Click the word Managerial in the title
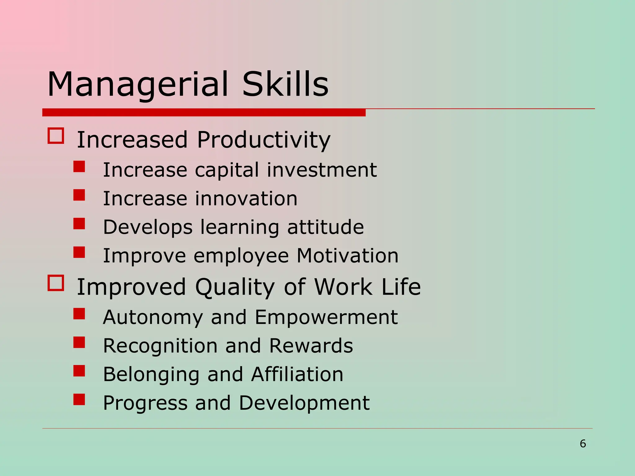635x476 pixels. [x=138, y=84]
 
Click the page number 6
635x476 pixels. [x=583, y=443]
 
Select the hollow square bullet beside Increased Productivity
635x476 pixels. [x=56, y=136]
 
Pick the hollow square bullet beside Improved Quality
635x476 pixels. [x=56, y=283]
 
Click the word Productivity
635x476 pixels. [x=264, y=140]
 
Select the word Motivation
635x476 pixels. [x=348, y=256]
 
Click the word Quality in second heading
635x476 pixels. [x=235, y=287]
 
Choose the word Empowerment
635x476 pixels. [x=326, y=318]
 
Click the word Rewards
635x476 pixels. [x=311, y=346]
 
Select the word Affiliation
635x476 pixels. [x=297, y=374]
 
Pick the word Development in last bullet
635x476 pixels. [x=304, y=403]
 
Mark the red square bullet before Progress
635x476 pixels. [x=79, y=399]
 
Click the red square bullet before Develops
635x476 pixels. [x=79, y=223]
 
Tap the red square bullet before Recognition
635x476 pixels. [x=79, y=342]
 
